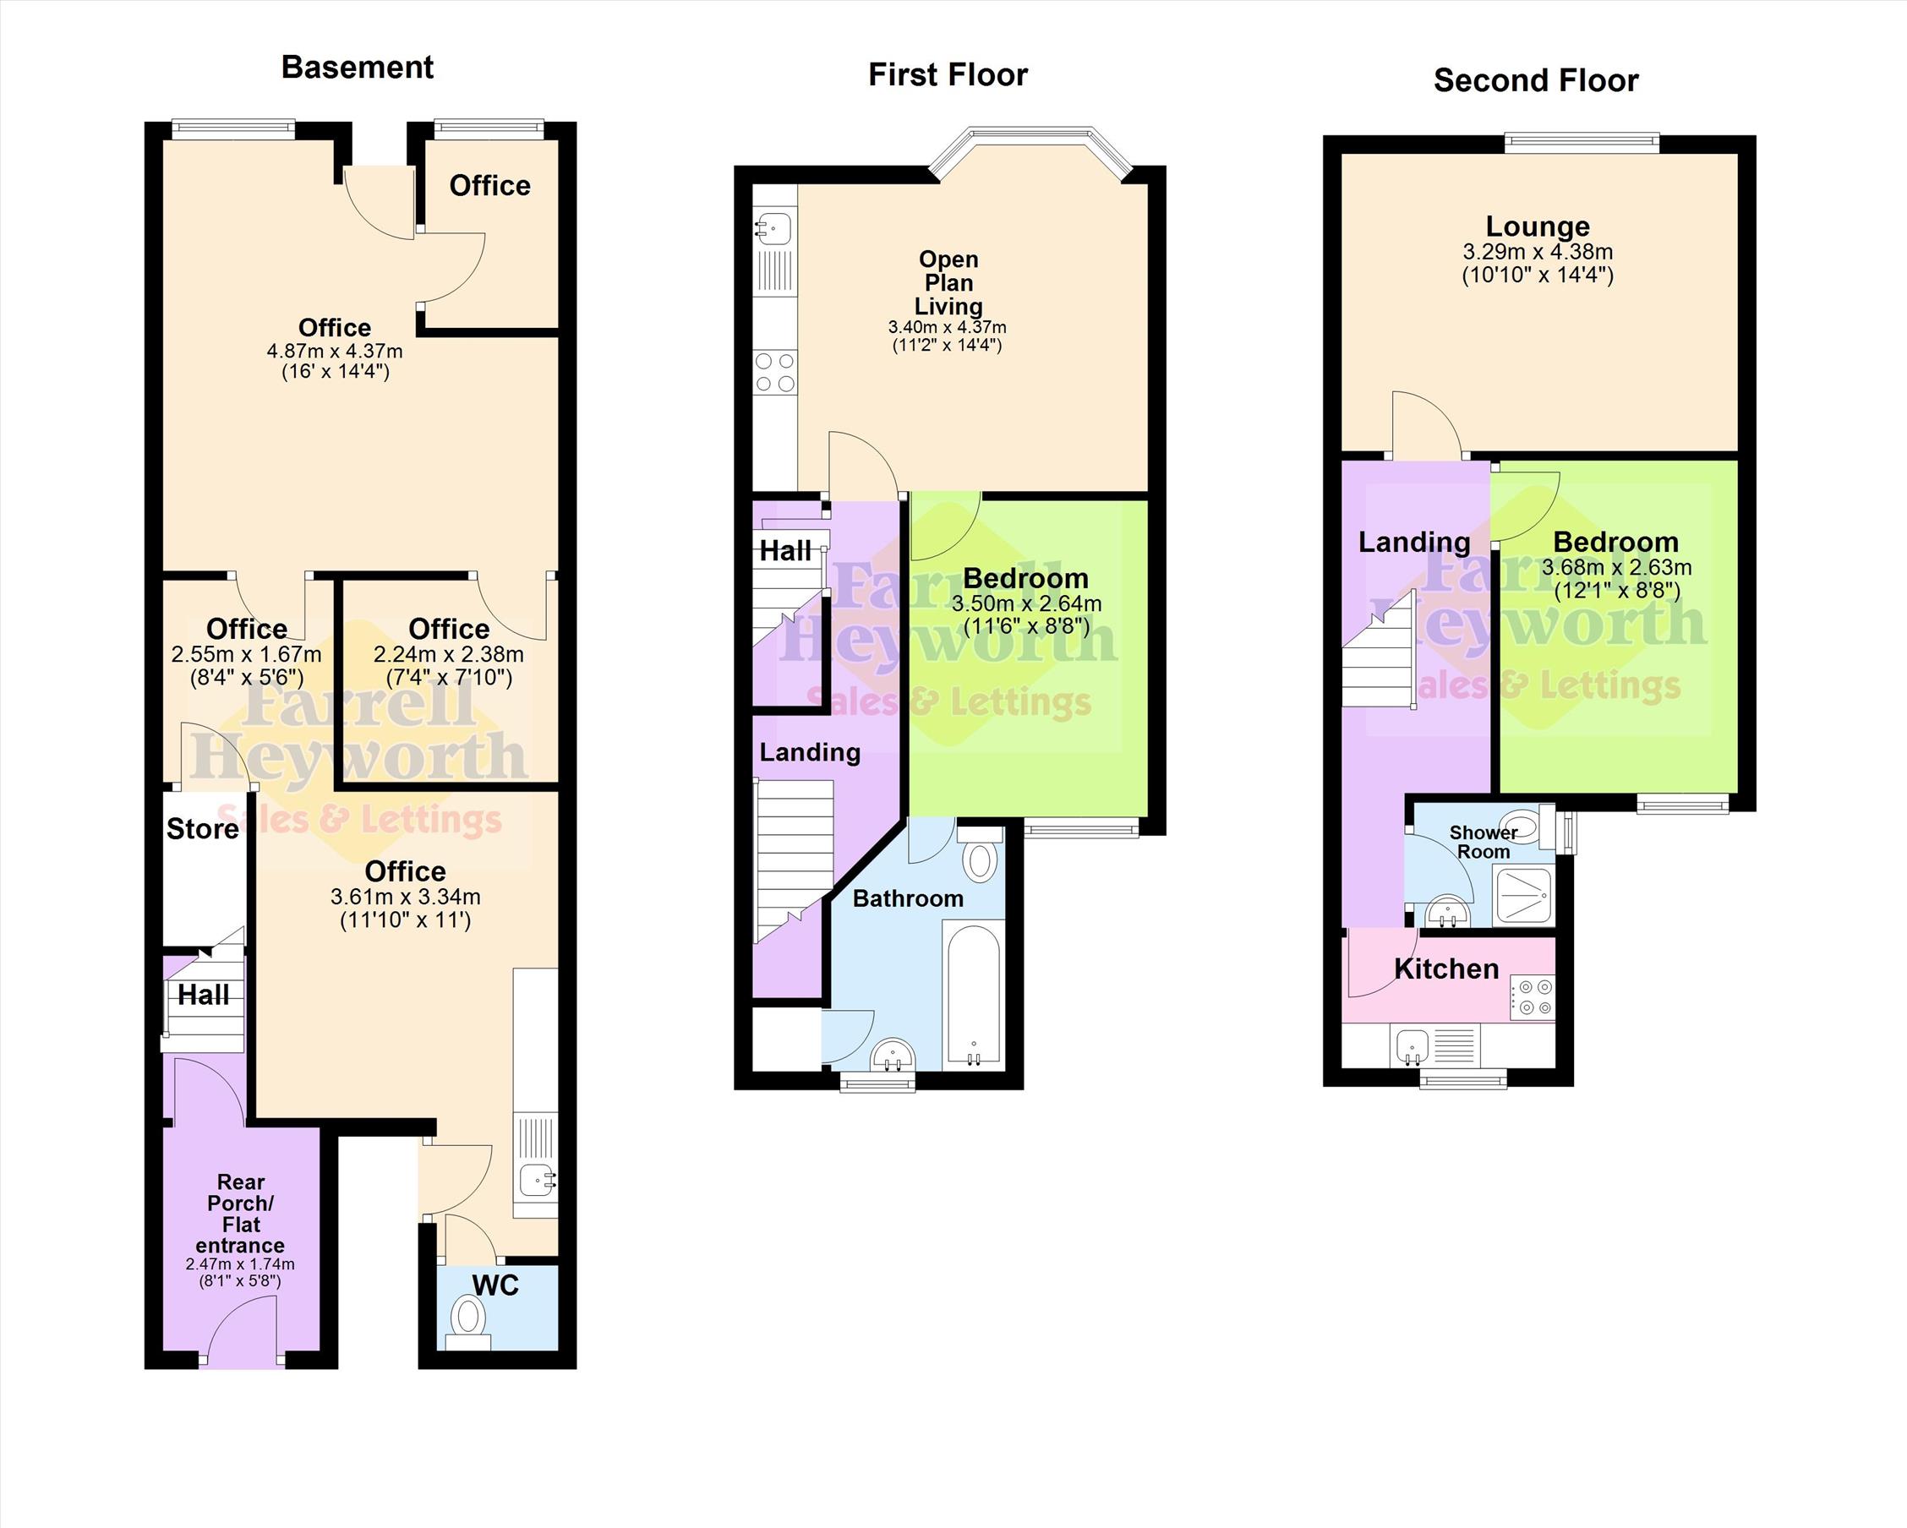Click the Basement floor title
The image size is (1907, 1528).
(358, 68)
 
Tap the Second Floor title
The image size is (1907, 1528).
(1536, 80)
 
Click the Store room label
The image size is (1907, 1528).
(203, 828)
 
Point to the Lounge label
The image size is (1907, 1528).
(1538, 226)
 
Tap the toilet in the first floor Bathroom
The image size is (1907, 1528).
(980, 854)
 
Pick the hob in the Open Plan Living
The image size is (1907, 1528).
(775, 372)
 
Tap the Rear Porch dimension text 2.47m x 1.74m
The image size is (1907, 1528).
(241, 1263)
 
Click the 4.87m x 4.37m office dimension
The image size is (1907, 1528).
(335, 351)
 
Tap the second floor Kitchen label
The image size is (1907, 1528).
(1446, 969)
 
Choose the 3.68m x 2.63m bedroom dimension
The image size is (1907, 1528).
(1616, 567)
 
